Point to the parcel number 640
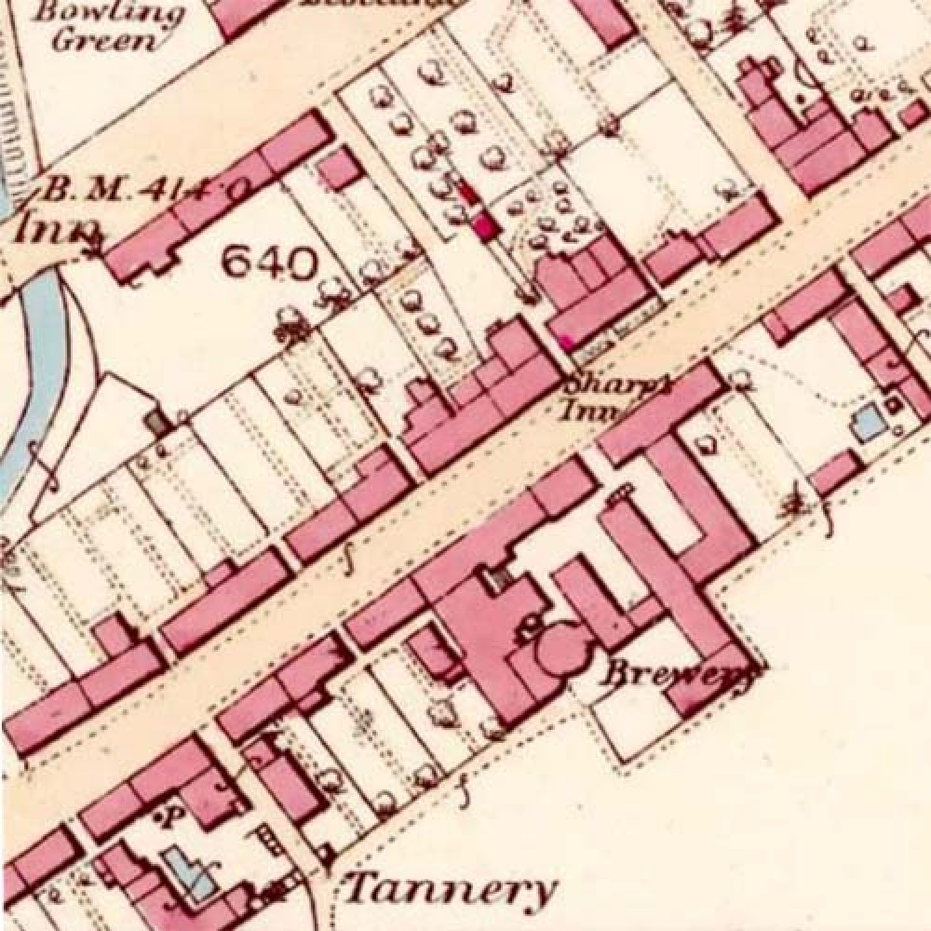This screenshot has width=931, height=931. coord(270,265)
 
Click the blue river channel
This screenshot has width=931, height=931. coord(37,354)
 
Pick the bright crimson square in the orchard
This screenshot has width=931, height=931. coord(483,224)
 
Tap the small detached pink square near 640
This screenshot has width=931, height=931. coord(340,170)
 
